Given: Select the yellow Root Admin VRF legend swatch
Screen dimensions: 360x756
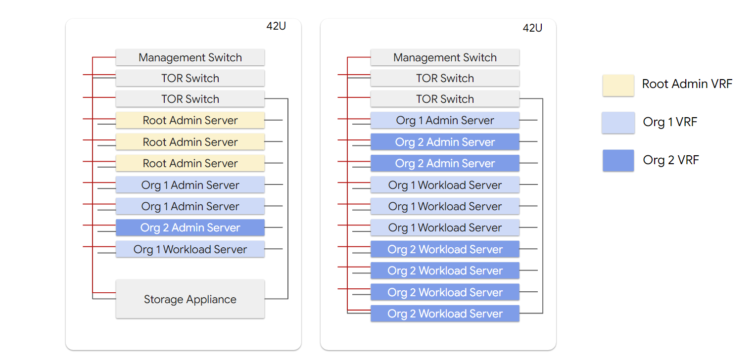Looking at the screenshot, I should point(618,85).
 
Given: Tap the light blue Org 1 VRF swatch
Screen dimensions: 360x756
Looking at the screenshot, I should point(618,123).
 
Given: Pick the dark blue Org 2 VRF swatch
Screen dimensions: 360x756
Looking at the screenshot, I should point(618,160).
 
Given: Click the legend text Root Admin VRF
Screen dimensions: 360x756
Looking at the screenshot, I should point(687,84).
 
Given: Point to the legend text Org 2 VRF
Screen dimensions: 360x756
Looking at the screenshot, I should point(670,160).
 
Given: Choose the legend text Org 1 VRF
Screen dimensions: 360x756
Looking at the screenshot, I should point(670,122).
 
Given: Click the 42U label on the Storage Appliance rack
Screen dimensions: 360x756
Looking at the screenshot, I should point(276,27).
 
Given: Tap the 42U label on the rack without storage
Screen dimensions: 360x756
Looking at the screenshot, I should point(532,28).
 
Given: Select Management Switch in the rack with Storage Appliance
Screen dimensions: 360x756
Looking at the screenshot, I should point(190,57).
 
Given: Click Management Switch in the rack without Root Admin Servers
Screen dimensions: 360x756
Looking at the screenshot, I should point(445,57).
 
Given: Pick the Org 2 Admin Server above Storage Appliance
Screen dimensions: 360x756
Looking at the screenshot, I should point(190,227).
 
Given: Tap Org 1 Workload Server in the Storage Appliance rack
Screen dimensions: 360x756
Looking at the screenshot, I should point(190,249).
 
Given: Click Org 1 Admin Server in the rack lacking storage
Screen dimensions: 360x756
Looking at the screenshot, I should point(445,120).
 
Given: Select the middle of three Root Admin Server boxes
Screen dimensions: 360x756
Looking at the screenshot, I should point(190,142).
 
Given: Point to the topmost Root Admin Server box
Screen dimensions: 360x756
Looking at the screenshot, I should point(190,120).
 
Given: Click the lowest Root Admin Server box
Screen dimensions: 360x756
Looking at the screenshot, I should point(190,163).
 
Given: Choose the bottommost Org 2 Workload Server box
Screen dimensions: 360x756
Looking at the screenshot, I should point(445,314).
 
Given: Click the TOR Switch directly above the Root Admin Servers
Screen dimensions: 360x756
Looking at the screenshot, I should point(190,99).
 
